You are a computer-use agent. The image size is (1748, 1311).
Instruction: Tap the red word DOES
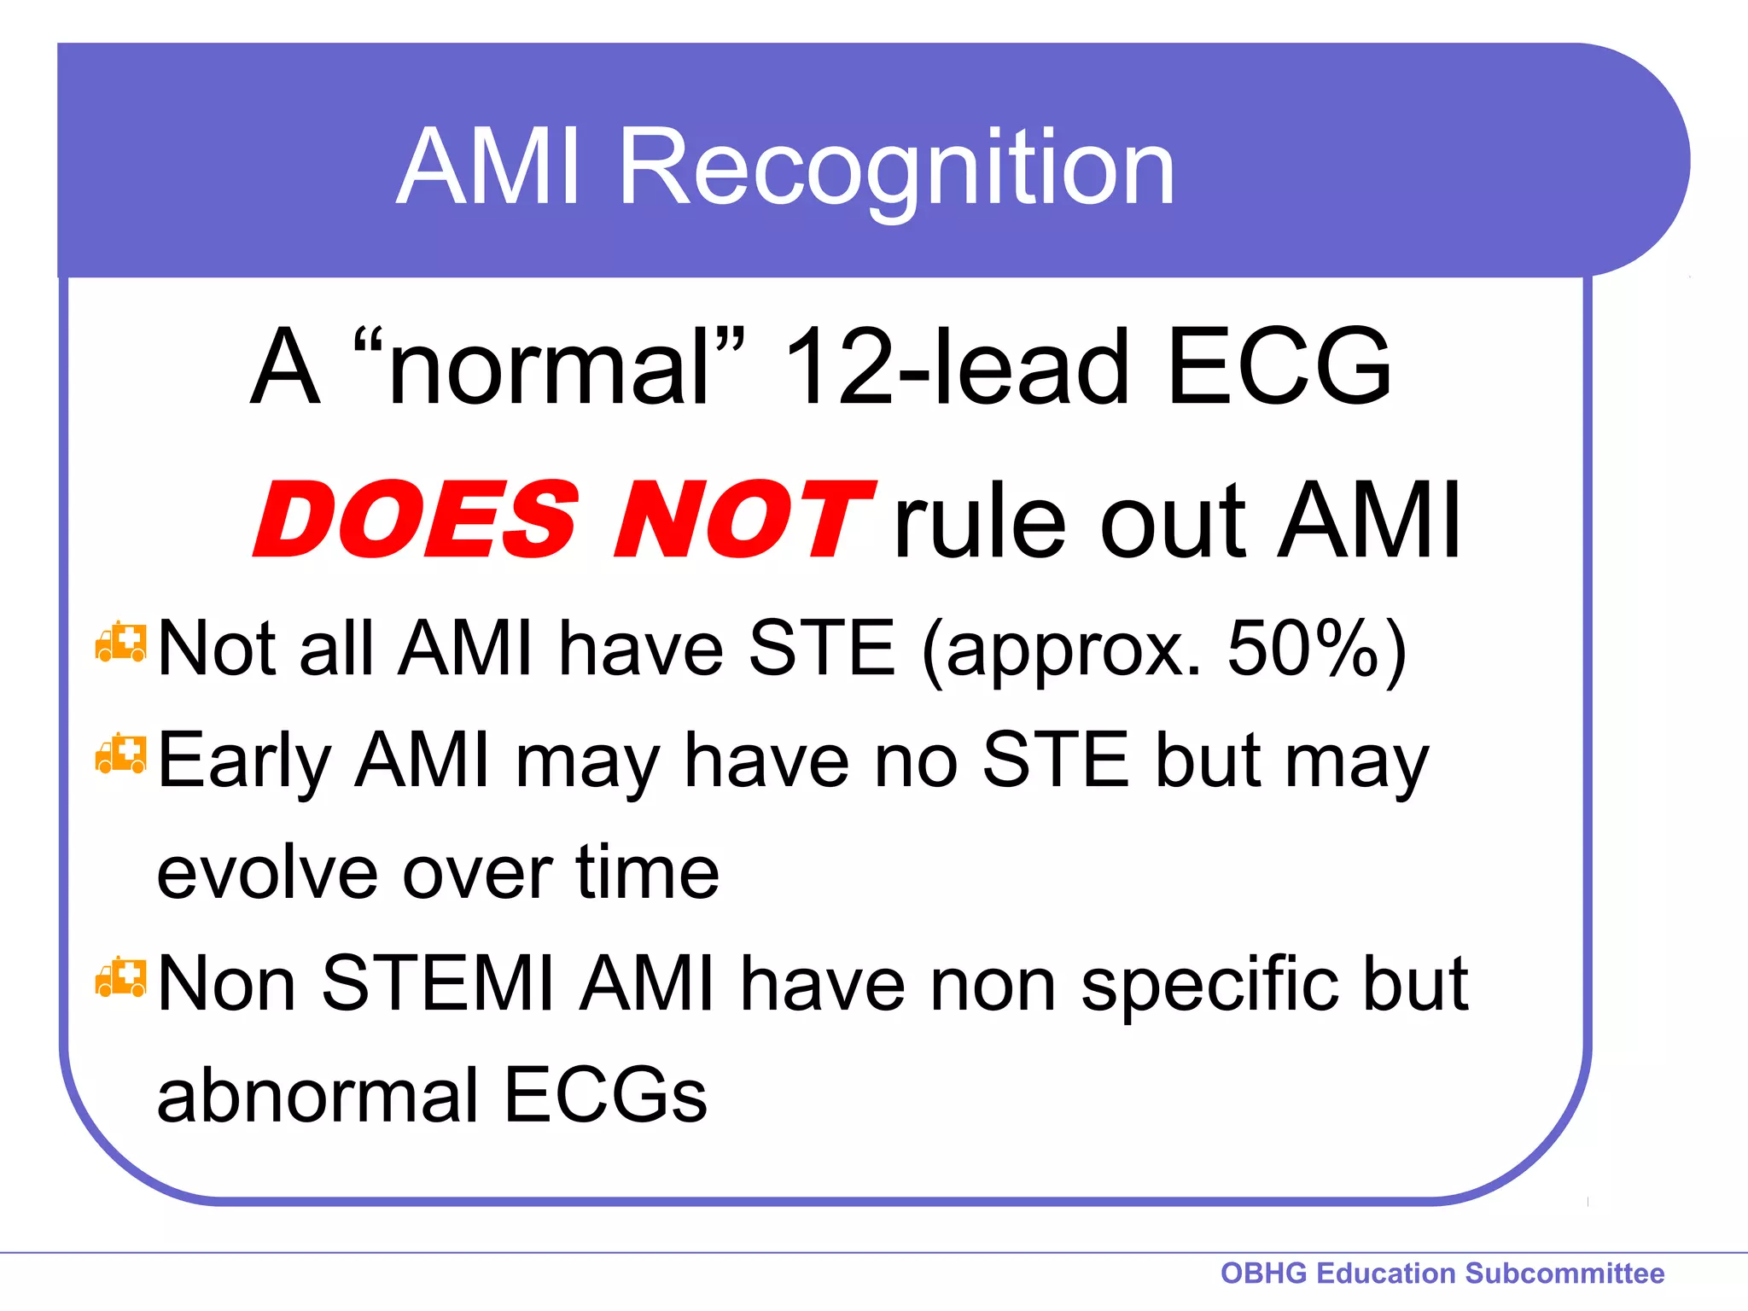[x=417, y=520]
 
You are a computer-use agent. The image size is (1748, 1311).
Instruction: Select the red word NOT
[x=743, y=520]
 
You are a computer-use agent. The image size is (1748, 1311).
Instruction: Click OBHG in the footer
[x=1263, y=1273]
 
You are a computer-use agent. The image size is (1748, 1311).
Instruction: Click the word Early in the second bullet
[x=244, y=763]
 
